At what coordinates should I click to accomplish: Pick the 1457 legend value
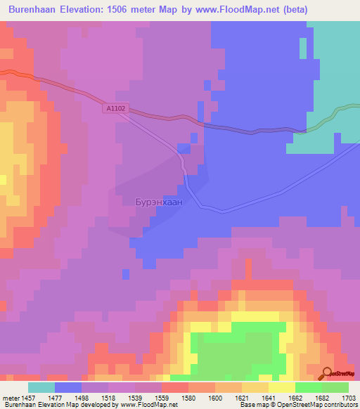coord(34,397)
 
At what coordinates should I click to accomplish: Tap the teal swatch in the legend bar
coord(41,387)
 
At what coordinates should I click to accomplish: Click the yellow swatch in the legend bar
coord(282,387)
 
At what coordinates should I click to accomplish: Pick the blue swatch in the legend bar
coord(68,387)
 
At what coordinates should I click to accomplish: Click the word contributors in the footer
coord(340,405)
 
